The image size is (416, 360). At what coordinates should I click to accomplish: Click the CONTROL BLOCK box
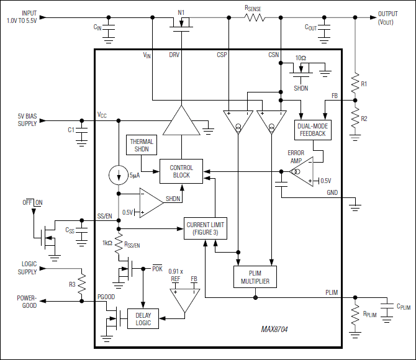(181, 171)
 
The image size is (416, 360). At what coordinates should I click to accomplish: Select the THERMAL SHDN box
(142, 145)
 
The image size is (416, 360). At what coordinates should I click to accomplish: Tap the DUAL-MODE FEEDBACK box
(312, 130)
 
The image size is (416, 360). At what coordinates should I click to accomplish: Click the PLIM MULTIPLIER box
(255, 277)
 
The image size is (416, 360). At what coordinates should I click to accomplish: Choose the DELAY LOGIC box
(143, 318)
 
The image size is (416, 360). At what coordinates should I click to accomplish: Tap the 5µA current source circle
(118, 175)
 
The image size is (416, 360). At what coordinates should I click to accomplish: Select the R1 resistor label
(364, 83)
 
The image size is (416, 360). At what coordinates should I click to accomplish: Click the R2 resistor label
(364, 118)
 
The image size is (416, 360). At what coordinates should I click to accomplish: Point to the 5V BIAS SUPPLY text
(27, 120)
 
